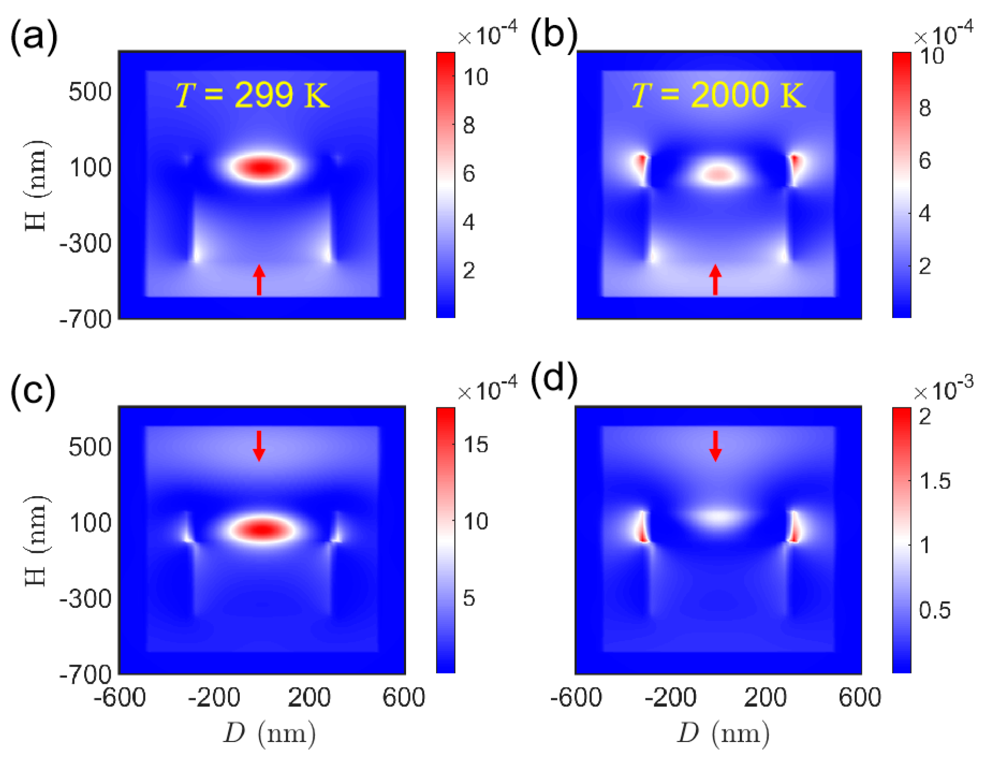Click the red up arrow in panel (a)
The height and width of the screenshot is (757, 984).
(x=259, y=280)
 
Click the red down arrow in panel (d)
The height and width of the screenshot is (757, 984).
(x=715, y=446)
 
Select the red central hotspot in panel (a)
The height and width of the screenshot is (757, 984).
(x=263, y=167)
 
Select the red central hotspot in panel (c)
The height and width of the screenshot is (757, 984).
(x=263, y=529)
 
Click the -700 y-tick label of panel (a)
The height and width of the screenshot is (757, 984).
(x=86, y=319)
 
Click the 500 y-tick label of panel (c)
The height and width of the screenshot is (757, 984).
(x=90, y=447)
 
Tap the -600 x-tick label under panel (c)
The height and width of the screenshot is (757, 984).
(x=120, y=697)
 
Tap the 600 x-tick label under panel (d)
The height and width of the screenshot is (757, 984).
(x=859, y=697)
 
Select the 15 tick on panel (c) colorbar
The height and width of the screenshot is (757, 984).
(x=475, y=445)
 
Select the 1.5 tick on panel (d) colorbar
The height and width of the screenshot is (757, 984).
(x=934, y=481)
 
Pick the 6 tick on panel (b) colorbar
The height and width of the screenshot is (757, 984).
(x=924, y=161)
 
